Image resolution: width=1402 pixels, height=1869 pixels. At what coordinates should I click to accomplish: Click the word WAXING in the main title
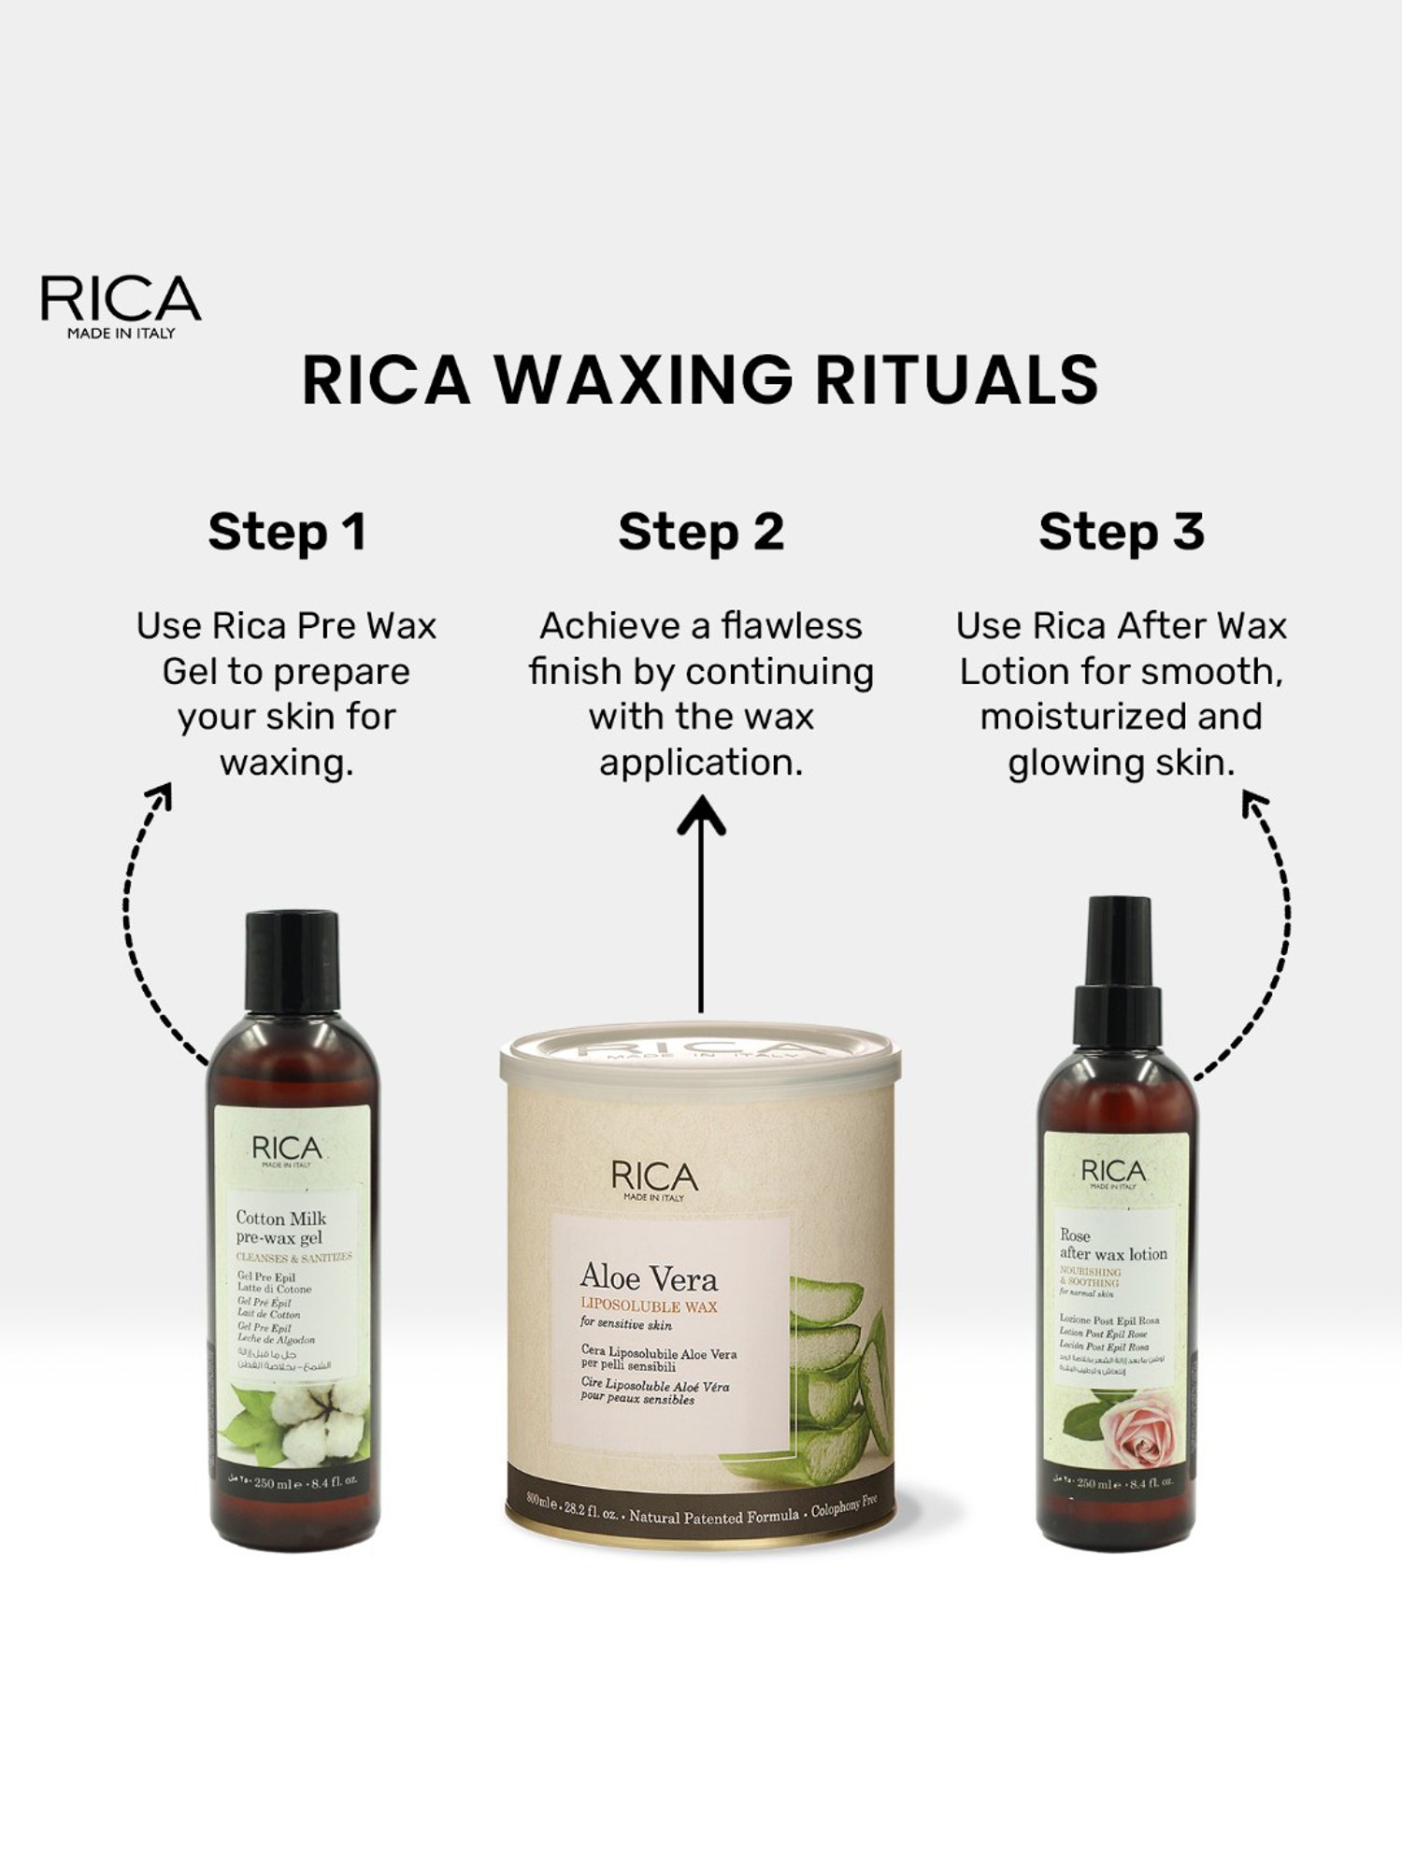click(x=644, y=380)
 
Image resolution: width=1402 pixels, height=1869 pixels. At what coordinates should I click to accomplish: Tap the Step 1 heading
click(x=286, y=532)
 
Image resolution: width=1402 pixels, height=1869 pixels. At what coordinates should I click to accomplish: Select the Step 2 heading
click(x=701, y=532)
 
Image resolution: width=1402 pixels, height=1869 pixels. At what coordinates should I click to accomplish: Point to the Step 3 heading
click(x=1121, y=532)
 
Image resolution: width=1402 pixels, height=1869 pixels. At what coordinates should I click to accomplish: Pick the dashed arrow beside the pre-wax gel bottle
click(x=140, y=925)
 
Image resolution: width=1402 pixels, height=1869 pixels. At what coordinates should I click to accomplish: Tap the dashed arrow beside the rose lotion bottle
click(x=1271, y=934)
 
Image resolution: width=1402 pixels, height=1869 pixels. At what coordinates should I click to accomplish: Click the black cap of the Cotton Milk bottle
click(x=292, y=963)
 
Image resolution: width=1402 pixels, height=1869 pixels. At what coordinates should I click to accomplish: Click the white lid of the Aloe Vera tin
click(x=700, y=1056)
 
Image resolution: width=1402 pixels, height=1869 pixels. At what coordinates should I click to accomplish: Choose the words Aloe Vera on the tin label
click(x=649, y=1277)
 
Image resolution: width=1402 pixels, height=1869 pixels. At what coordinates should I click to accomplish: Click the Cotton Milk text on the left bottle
click(x=280, y=1218)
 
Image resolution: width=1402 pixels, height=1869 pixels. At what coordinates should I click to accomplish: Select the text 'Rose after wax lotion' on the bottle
click(x=1112, y=1245)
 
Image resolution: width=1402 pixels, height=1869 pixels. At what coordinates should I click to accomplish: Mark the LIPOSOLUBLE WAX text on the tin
click(x=649, y=1305)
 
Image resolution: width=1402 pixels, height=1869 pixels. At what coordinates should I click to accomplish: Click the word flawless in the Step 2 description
click(x=792, y=626)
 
